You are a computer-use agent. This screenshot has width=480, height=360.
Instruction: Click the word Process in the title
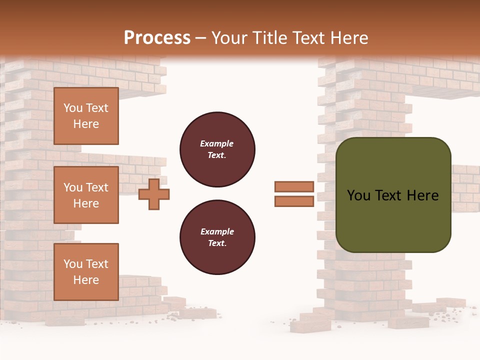pyautogui.click(x=157, y=37)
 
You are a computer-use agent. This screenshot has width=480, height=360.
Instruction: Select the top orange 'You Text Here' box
pyautogui.click(x=86, y=116)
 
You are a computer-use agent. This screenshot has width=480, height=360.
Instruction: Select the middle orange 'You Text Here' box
pyautogui.click(x=86, y=195)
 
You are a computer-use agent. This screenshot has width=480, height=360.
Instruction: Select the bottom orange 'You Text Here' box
pyautogui.click(x=86, y=272)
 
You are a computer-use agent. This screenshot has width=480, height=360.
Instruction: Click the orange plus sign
pyautogui.click(x=154, y=194)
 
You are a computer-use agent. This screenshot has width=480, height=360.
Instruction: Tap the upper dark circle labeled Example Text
pyautogui.click(x=217, y=149)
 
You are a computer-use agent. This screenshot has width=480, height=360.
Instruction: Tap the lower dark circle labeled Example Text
pyautogui.click(x=217, y=237)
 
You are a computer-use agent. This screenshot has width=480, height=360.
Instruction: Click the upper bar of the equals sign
pyautogui.click(x=294, y=186)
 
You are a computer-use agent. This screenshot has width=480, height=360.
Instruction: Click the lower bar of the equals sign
pyautogui.click(x=294, y=201)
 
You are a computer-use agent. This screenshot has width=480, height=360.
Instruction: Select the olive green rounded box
pyautogui.click(x=393, y=220)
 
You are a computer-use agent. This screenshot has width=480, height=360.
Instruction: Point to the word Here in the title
pyautogui.click(x=348, y=37)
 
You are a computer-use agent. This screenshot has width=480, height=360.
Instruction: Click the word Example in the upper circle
pyautogui.click(x=216, y=143)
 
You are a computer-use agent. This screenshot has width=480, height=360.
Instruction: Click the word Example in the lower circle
pyautogui.click(x=217, y=231)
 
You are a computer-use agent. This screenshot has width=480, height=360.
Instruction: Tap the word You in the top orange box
pyautogui.click(x=72, y=108)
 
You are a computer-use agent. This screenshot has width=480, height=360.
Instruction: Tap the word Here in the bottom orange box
pyautogui.click(x=86, y=280)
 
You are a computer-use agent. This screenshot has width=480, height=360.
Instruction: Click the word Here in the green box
pyautogui.click(x=422, y=195)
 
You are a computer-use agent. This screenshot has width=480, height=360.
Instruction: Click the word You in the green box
pyautogui.click(x=358, y=195)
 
